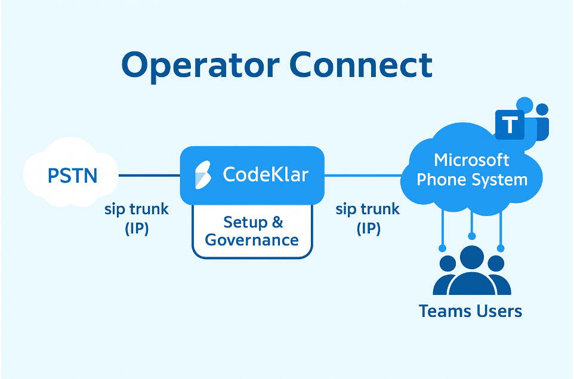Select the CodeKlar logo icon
[203, 175]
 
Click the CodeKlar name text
[266, 174]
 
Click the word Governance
[252, 240]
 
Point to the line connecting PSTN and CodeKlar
[149, 175]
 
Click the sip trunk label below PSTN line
[137, 209]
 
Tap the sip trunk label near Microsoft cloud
[368, 209]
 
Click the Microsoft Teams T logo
[510, 125]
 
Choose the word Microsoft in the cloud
[471, 160]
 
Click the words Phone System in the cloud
[471, 179]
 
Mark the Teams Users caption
[470, 311]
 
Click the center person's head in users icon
[472, 257]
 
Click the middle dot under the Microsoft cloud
[472, 236]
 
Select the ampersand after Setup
[277, 223]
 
